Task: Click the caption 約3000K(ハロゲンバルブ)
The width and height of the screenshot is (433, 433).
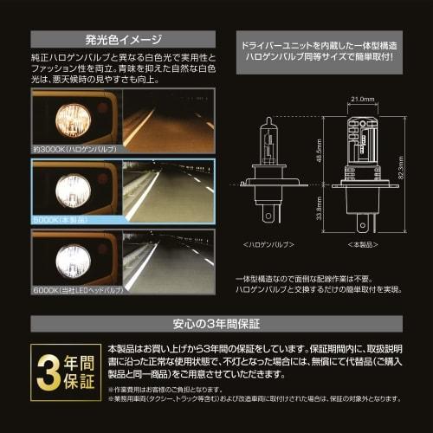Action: tap(76, 151)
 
